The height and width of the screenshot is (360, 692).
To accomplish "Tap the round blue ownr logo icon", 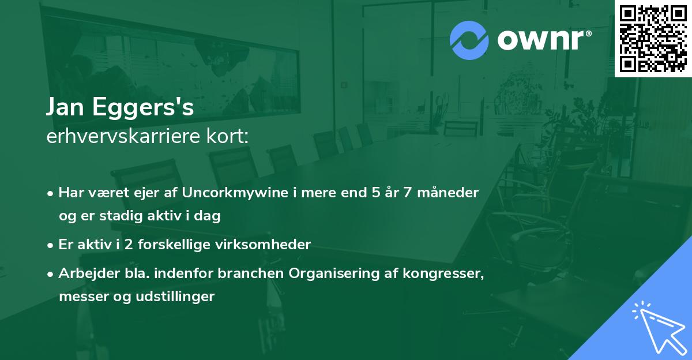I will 469,40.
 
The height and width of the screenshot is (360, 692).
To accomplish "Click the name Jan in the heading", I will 66,108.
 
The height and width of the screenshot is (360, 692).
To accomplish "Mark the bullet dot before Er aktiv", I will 51,245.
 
